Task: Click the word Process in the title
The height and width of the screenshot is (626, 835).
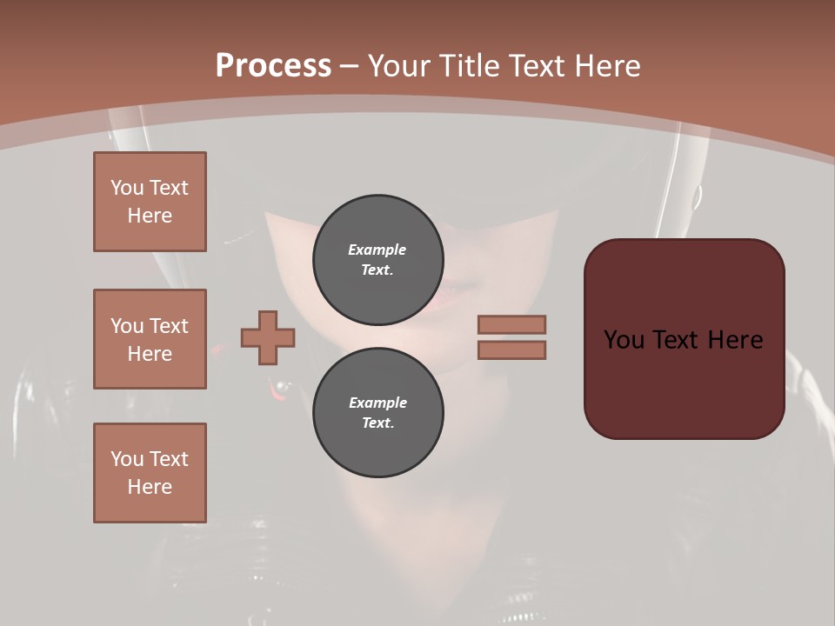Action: click(x=273, y=66)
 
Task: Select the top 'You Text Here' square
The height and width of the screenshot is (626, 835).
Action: click(x=150, y=202)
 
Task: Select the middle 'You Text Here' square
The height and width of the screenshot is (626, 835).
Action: click(x=150, y=339)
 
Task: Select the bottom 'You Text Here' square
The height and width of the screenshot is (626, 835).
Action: click(x=150, y=473)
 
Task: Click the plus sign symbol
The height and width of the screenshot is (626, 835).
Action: click(x=268, y=337)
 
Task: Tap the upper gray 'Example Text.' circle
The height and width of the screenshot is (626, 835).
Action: click(x=377, y=259)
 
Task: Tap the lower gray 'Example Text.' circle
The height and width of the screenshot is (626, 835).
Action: click(x=377, y=412)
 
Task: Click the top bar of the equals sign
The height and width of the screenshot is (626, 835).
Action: click(x=511, y=324)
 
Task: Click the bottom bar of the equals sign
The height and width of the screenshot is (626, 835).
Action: click(x=511, y=350)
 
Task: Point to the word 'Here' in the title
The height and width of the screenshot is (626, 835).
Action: click(x=607, y=66)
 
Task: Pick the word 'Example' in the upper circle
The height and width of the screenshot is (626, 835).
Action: click(x=377, y=250)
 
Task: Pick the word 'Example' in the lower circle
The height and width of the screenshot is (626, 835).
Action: click(x=377, y=403)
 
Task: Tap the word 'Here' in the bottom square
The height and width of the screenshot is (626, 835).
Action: click(x=150, y=487)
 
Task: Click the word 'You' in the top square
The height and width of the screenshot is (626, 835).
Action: click(x=127, y=188)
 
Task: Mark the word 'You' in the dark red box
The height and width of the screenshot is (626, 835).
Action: click(x=624, y=340)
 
